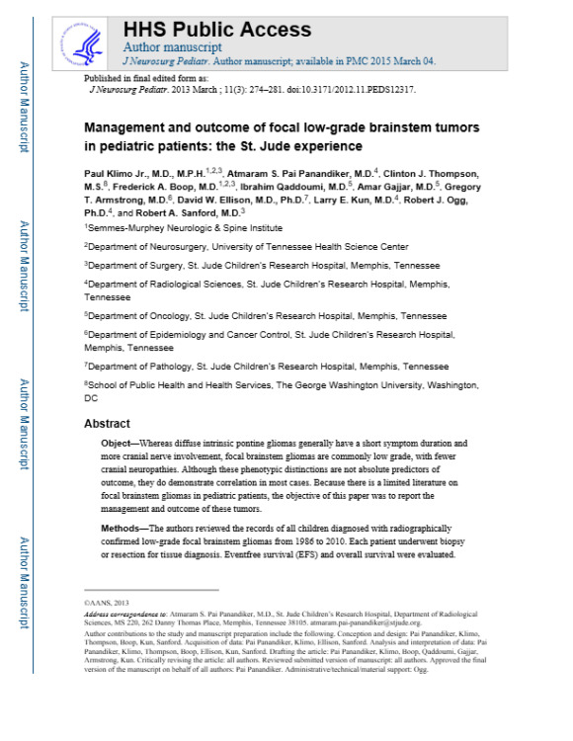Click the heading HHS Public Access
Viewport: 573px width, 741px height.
[x=216, y=30]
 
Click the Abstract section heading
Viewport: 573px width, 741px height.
[x=107, y=423]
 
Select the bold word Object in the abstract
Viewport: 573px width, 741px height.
[x=118, y=445]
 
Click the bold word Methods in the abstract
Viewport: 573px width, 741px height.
[x=123, y=529]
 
